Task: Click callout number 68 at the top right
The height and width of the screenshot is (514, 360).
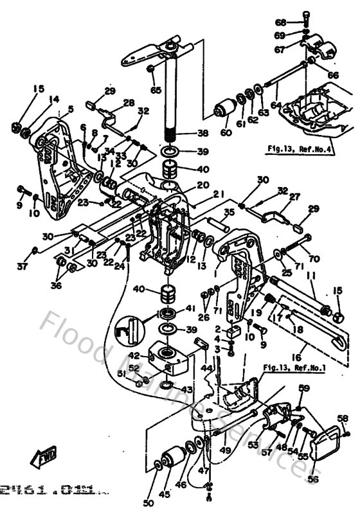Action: click(x=298, y=22)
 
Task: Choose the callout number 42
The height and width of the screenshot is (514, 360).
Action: click(x=133, y=355)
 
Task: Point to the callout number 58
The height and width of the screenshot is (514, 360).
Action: click(x=343, y=418)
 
